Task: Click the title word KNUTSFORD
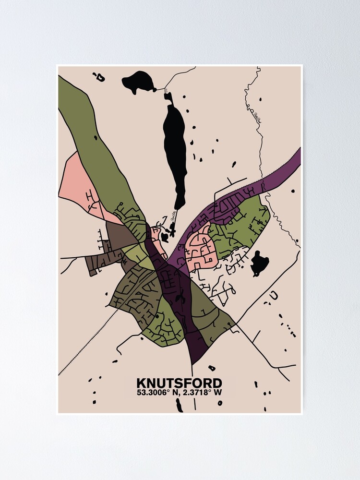180,383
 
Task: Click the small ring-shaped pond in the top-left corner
100,76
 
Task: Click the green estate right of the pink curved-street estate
240,226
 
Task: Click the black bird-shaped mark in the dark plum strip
181,298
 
